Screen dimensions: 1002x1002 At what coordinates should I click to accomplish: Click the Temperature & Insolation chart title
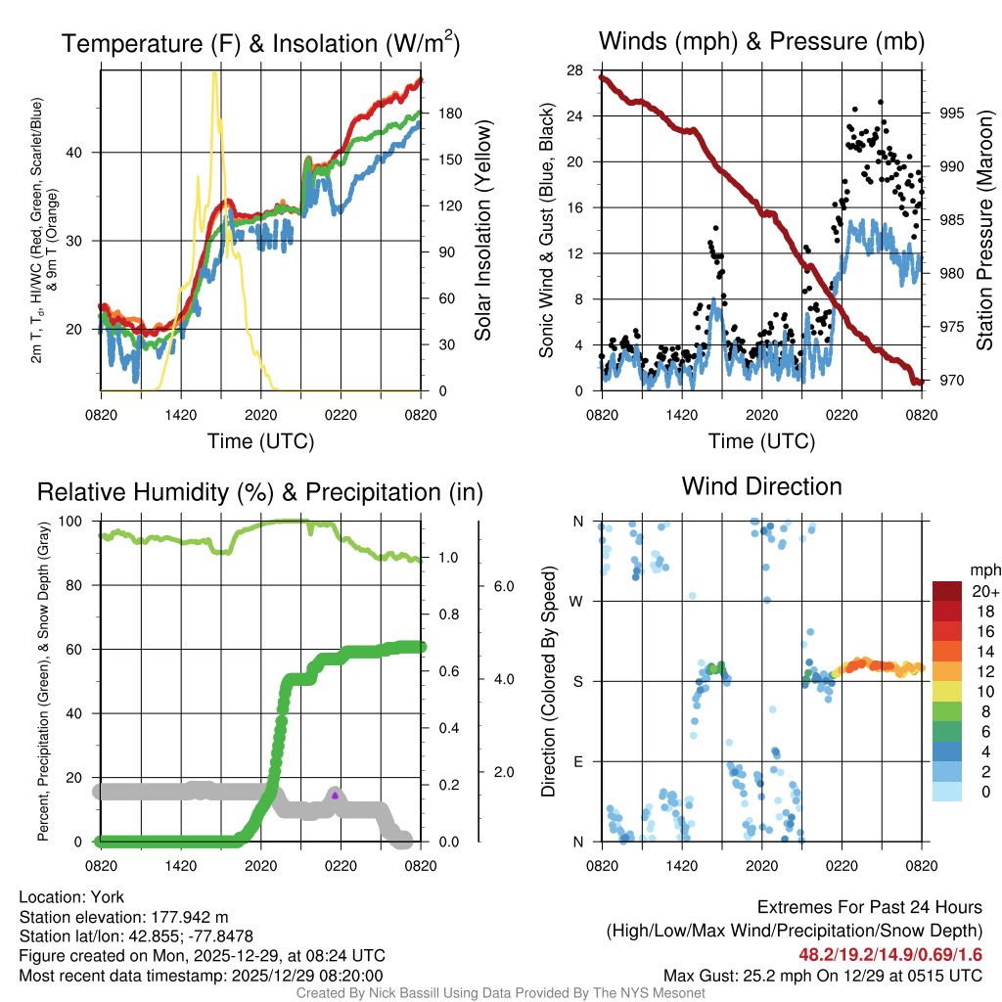pyautogui.click(x=260, y=44)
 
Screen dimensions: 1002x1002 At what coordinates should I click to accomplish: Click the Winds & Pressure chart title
pyautogui.click(x=761, y=41)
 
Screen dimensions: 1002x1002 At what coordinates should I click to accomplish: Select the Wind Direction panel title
pyautogui.click(x=761, y=486)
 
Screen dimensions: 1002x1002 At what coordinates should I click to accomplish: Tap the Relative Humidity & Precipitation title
pyautogui.click(x=260, y=491)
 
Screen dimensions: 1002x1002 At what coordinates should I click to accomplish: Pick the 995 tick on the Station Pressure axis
pyautogui.click(x=951, y=113)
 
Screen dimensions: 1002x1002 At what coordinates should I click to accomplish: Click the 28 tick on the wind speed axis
pyautogui.click(x=576, y=69)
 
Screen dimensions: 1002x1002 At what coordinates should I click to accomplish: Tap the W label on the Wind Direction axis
pyautogui.click(x=577, y=601)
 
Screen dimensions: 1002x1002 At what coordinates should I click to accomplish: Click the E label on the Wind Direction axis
pyautogui.click(x=578, y=761)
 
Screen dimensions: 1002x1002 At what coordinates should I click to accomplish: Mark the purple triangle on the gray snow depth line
pyautogui.click(x=335, y=796)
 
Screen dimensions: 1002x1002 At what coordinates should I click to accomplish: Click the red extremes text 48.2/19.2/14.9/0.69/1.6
pyautogui.click(x=888, y=954)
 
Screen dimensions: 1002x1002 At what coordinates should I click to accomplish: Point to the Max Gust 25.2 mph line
pyautogui.click(x=822, y=975)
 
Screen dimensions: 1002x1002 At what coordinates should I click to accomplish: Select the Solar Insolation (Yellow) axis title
pyautogui.click(x=482, y=230)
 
